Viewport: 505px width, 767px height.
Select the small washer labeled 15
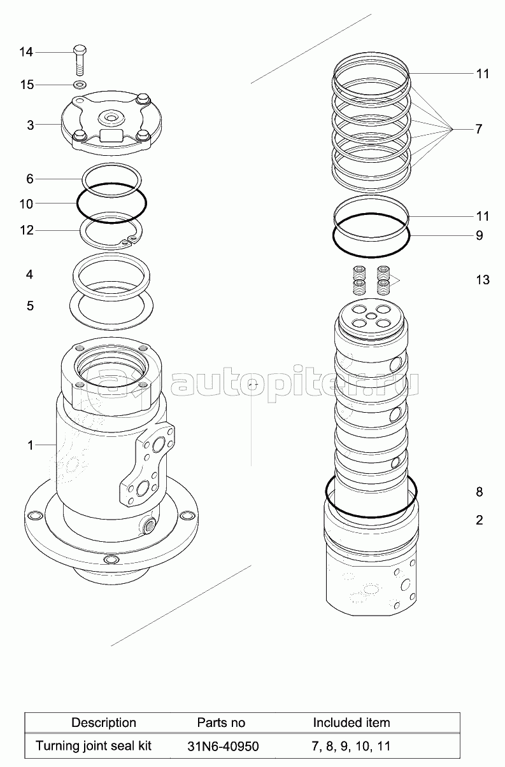point(80,85)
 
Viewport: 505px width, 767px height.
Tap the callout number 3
point(30,125)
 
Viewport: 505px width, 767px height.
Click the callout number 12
point(26,230)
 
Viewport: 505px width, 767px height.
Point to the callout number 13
point(483,280)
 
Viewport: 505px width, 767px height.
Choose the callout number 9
point(479,236)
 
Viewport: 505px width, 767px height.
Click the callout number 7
point(478,129)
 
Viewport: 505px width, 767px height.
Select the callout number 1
point(30,446)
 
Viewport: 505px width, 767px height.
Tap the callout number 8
point(479,492)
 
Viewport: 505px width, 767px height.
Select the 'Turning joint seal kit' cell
point(94,745)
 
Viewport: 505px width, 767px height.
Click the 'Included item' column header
point(352,722)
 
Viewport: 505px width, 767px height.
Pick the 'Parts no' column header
point(221,722)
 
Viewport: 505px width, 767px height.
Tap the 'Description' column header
point(104,722)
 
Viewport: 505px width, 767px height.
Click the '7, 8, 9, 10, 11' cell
point(351,746)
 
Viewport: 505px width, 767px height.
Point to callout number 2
point(479,520)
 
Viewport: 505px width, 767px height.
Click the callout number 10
point(26,204)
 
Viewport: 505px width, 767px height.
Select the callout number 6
point(30,179)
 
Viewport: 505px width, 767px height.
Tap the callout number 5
point(30,306)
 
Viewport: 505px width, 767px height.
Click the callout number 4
point(30,275)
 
